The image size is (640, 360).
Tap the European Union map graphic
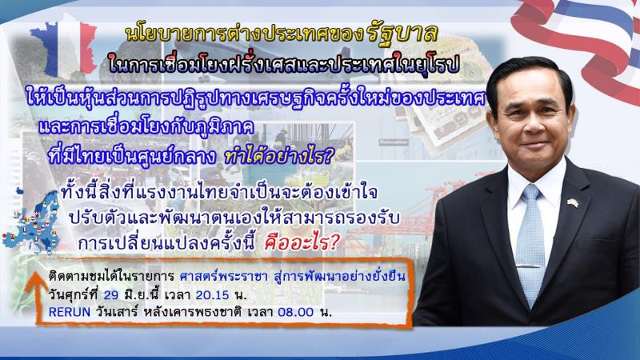[x=32, y=221]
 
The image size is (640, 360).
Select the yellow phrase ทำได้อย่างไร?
[x=279, y=157]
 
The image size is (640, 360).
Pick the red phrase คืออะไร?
[x=302, y=243]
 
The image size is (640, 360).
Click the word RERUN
[x=70, y=312]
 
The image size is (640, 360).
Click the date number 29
[x=111, y=294]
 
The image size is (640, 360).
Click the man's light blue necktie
[x=530, y=244]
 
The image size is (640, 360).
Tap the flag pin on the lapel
[x=573, y=202]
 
